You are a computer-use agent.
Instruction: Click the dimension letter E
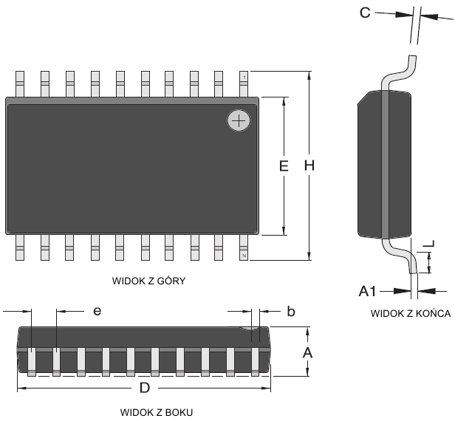point(283,167)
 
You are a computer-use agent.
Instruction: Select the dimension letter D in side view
point(146,388)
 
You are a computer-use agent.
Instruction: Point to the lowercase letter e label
point(96,312)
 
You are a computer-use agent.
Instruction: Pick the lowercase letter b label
point(291,312)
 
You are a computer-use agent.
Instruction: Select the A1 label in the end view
point(369,291)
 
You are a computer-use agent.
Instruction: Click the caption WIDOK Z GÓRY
point(148,281)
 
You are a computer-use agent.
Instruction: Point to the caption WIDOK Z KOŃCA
point(411,312)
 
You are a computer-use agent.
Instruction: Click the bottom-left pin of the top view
point(21,247)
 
